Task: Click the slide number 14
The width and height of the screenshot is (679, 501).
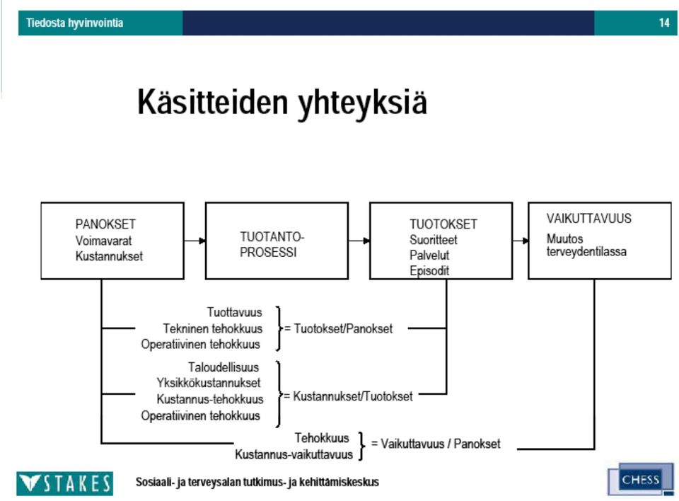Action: coord(664,23)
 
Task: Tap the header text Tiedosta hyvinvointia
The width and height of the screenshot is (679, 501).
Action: coord(74,23)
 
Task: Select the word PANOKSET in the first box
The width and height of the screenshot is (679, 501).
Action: coord(105,224)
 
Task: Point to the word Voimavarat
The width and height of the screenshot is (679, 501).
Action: coord(103,241)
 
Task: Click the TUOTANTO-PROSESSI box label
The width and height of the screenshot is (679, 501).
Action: coord(272,244)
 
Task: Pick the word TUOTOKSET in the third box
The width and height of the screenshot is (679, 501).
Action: coord(443,224)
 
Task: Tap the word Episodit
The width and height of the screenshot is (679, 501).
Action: coord(429,271)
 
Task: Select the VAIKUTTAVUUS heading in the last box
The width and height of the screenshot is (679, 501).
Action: coord(588,218)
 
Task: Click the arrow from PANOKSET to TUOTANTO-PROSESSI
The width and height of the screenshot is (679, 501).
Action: coord(195,241)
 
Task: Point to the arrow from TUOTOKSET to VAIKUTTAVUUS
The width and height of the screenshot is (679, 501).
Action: coord(520,241)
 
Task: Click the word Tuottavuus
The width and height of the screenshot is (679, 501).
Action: coord(234,312)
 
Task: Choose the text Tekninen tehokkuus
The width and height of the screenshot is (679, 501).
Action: coord(213,328)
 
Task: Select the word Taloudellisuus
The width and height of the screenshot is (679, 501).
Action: coord(224,367)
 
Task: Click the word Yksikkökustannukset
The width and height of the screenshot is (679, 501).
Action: coord(209,383)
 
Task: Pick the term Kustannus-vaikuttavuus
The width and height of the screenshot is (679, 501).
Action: coord(294,454)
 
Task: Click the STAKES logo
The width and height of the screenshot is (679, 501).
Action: coord(65,483)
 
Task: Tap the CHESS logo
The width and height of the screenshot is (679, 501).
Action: coord(641,479)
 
